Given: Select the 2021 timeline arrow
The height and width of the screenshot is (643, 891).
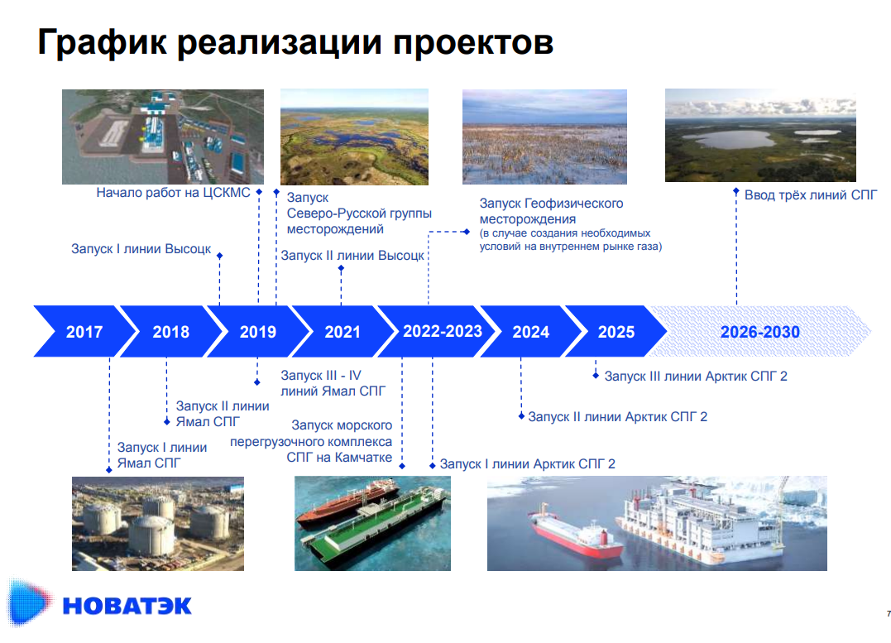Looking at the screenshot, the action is [342, 332].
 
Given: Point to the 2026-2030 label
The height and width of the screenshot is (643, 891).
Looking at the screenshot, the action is [759, 332].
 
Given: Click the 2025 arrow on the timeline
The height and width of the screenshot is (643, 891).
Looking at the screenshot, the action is [616, 332].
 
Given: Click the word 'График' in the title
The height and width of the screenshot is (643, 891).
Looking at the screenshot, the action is [103, 43].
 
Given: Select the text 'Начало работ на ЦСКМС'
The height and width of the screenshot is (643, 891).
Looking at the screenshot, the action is [173, 193].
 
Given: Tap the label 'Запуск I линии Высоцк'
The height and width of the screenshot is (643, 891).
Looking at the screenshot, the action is [141, 249].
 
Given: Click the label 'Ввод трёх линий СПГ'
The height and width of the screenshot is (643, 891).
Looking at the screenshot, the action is [811, 195].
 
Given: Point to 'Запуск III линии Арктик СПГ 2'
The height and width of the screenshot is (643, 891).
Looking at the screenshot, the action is [696, 377].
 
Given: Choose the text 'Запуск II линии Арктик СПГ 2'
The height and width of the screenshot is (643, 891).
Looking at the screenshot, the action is [618, 417].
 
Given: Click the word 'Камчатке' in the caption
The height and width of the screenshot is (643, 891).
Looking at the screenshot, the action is [363, 457].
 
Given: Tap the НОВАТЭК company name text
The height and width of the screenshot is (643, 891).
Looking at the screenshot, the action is [127, 606].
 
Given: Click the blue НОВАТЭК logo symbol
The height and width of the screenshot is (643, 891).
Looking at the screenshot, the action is [28, 602].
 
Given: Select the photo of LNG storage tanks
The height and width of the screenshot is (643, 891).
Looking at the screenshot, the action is [158, 524].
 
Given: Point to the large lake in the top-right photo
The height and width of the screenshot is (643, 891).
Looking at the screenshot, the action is [728, 139].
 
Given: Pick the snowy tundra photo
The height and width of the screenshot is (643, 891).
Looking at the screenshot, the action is [544, 137].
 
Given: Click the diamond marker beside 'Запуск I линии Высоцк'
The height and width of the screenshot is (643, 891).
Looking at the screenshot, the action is [220, 256].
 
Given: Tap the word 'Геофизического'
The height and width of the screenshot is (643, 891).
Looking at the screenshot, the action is [573, 203].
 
